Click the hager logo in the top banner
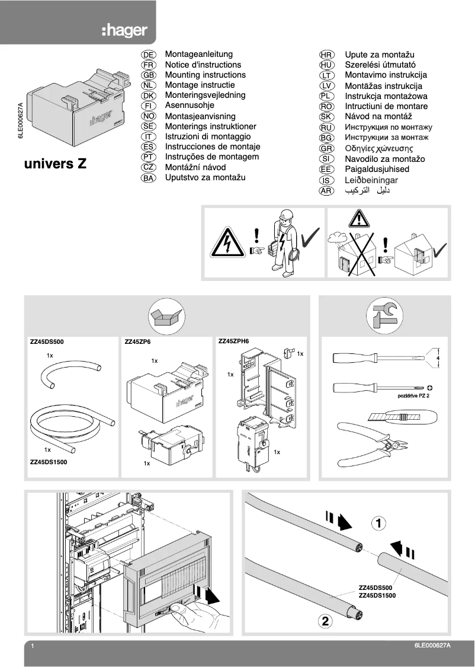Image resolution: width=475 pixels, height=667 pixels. [x=124, y=31]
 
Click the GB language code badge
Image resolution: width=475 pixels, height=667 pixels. [x=149, y=75]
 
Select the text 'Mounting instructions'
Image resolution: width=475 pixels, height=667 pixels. [x=205, y=75]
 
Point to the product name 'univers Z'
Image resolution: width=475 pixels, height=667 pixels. [x=55, y=164]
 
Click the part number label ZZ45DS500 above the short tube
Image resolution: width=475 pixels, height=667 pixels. [x=46, y=342]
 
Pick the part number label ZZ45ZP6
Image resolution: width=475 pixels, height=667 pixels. [x=138, y=342]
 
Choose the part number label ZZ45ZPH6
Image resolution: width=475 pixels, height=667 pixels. [x=234, y=342]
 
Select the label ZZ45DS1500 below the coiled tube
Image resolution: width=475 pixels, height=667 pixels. [x=49, y=461]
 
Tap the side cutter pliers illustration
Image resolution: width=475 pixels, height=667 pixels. [x=370, y=442]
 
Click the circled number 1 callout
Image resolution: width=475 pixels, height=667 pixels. [x=380, y=523]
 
